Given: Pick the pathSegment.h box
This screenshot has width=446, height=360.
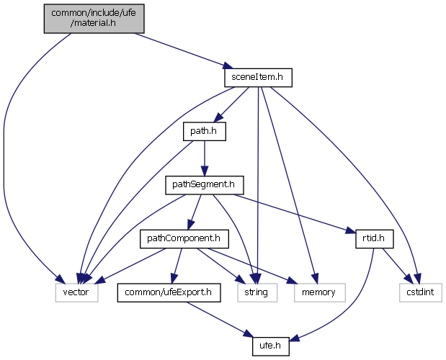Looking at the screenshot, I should (x=203, y=185).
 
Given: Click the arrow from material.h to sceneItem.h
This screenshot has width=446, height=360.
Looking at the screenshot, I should (x=180, y=50).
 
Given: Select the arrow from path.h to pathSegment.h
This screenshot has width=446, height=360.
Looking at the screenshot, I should (x=203, y=158).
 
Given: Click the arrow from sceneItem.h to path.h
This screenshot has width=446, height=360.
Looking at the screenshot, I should (x=232, y=102).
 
